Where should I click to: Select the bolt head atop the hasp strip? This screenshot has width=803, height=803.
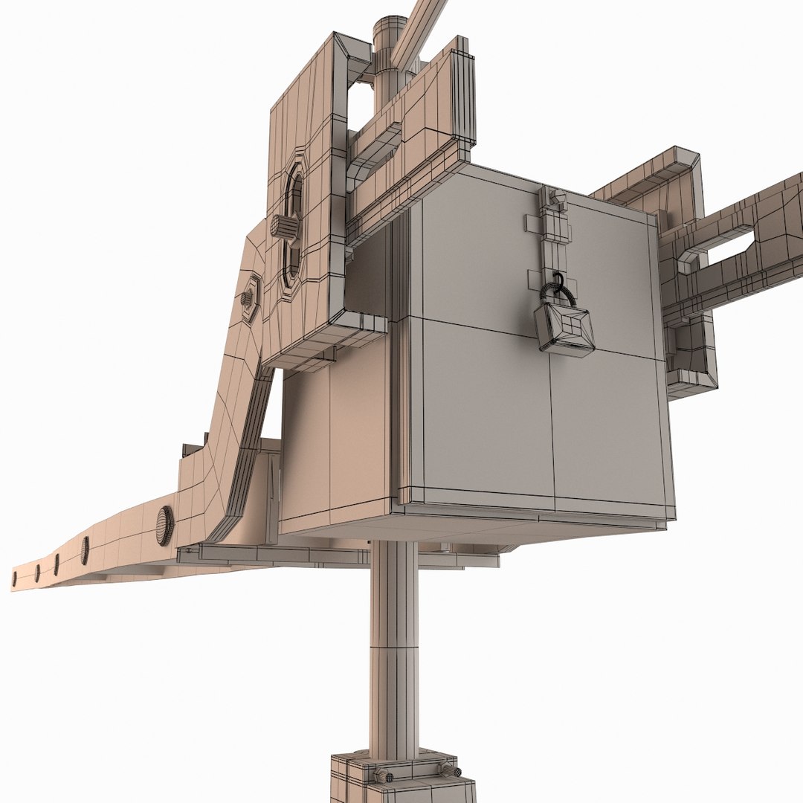click(556, 198)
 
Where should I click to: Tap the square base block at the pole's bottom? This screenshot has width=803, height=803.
click(401, 781)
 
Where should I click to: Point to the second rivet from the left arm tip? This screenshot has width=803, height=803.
click(36, 573)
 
